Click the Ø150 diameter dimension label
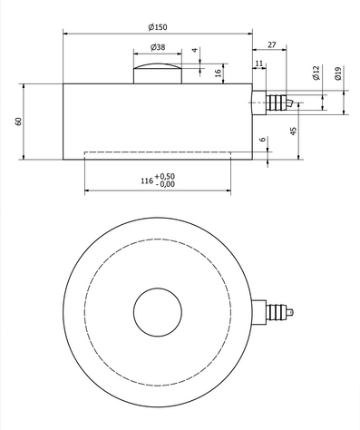[157, 25]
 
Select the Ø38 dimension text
[156, 46]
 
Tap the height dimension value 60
[18, 121]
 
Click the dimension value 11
[259, 63]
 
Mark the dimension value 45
[294, 131]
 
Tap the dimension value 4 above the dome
[194, 51]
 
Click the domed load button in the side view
[156, 73]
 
